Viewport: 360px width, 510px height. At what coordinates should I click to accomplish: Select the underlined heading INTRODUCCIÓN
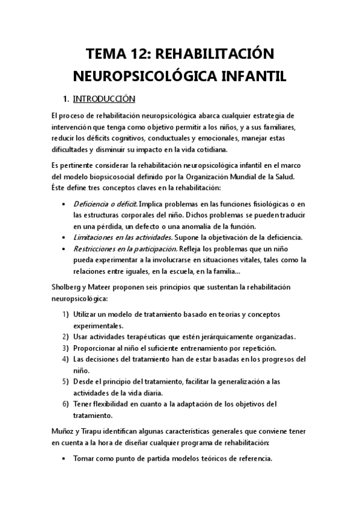pyautogui.click(x=104, y=98)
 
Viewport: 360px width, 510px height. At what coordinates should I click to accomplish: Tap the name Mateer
pyautogui.click(x=105, y=287)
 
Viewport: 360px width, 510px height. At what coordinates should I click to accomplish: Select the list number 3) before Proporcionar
pyautogui.click(x=66, y=348)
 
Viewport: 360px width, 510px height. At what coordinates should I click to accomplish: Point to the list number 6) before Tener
pyautogui.click(x=66, y=403)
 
